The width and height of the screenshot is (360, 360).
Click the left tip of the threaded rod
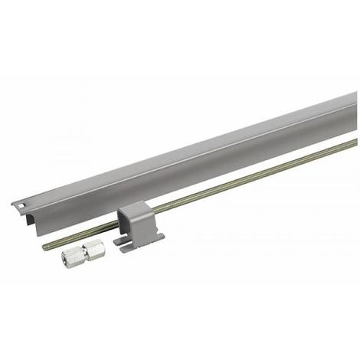(44, 247)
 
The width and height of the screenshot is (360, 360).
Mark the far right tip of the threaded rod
(355, 141)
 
